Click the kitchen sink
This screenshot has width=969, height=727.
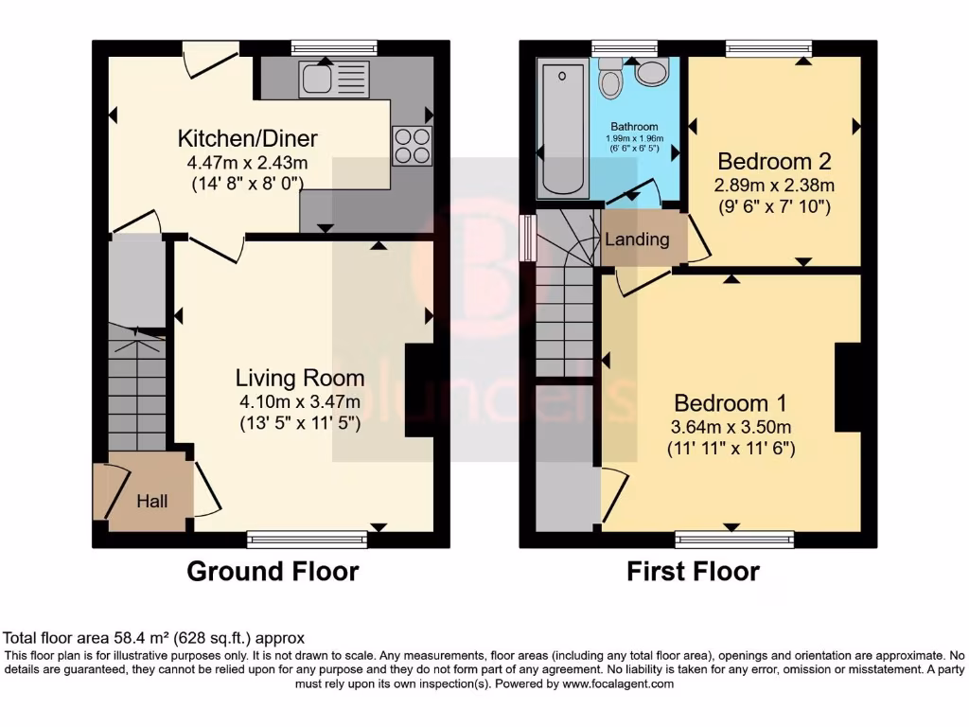tap(325, 79)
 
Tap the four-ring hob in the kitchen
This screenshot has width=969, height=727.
tap(412, 146)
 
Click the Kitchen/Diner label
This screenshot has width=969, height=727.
tap(247, 139)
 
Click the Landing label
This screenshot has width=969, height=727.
tap(637, 239)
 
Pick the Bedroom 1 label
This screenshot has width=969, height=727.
tap(731, 401)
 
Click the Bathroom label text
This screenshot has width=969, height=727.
tap(634, 127)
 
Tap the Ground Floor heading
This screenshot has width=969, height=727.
tap(273, 572)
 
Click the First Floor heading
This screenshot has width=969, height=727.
tap(693, 572)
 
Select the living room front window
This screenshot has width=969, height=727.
tap(307, 540)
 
